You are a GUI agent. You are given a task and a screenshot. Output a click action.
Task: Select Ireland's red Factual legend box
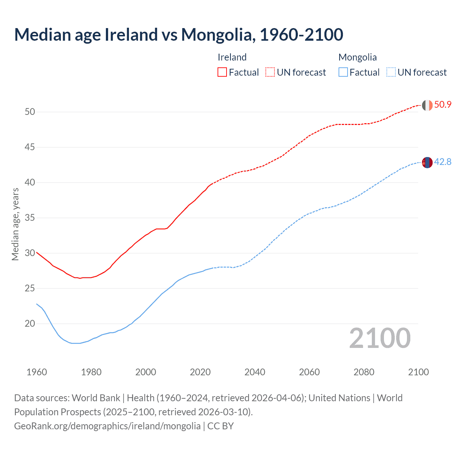pyautogui.click(x=222, y=72)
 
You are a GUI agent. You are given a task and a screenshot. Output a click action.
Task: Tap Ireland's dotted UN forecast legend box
pyautogui.click(x=270, y=72)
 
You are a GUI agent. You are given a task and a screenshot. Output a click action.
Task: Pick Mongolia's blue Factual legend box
pyautogui.click(x=343, y=72)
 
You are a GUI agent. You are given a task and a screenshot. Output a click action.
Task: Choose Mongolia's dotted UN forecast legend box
pyautogui.click(x=391, y=72)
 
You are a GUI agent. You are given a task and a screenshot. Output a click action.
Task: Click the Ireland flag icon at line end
pyautogui.click(x=427, y=105)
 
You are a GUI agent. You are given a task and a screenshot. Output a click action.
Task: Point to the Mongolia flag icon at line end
pyautogui.click(x=427, y=162)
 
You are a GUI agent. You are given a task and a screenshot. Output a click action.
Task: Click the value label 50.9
pyautogui.click(x=443, y=105)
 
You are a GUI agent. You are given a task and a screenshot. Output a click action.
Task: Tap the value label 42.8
pyautogui.click(x=443, y=162)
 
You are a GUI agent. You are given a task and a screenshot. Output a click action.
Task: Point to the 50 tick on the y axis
pyautogui.click(x=30, y=112)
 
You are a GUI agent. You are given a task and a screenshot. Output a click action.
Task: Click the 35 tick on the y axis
pyautogui.click(x=30, y=218)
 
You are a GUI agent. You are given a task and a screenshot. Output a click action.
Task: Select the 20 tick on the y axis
pyautogui.click(x=30, y=324)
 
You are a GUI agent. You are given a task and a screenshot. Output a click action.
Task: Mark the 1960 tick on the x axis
pyautogui.click(x=37, y=372)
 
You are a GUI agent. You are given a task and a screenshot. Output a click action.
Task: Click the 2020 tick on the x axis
pyautogui.click(x=200, y=372)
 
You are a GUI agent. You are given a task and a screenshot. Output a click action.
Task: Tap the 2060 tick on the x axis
pyautogui.click(x=309, y=372)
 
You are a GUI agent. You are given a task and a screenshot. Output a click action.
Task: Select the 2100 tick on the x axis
pyautogui.click(x=419, y=372)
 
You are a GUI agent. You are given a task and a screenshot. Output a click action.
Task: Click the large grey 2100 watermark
pyautogui.click(x=380, y=338)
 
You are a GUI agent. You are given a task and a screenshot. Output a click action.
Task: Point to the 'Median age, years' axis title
pyautogui.click(x=15, y=224)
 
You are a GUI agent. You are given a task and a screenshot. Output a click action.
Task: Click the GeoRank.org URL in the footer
pyautogui.click(x=107, y=426)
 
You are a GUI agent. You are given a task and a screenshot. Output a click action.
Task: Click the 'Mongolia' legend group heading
pyautogui.click(x=357, y=57)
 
